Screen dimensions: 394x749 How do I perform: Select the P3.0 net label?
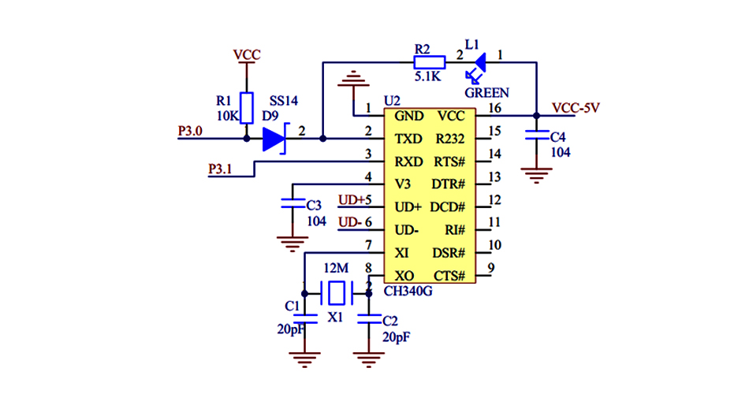[x=190, y=130]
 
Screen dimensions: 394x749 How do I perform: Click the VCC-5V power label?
[x=576, y=108]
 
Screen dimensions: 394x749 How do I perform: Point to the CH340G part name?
[x=408, y=292]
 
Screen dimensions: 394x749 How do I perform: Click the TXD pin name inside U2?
[x=408, y=139]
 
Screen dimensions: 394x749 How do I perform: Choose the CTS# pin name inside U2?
[x=450, y=276]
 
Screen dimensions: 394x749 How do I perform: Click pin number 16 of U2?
[x=494, y=108]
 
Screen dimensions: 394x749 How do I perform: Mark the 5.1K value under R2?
[x=427, y=77]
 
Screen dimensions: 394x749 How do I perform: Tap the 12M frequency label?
[x=336, y=268]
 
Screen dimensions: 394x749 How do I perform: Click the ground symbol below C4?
[x=537, y=175]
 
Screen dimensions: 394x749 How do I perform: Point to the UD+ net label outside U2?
[x=352, y=199]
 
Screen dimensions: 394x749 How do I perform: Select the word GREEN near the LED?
[x=486, y=92]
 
